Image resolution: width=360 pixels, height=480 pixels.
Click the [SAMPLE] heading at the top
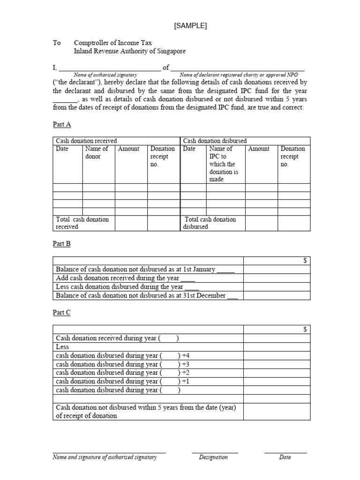(x=190, y=26)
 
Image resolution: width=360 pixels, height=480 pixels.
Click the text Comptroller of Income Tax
(x=112, y=43)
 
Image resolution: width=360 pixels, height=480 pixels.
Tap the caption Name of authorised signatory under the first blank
(x=105, y=75)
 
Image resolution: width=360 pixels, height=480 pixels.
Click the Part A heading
(x=61, y=125)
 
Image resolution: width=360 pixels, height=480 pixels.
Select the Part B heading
(x=61, y=244)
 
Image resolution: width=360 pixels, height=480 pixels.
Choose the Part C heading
(x=61, y=312)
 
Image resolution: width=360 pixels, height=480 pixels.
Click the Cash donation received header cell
(x=87, y=141)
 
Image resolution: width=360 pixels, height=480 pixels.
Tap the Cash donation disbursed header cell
(x=215, y=141)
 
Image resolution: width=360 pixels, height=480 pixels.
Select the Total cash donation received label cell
(x=82, y=223)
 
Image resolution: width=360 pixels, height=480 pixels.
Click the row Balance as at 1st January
(x=145, y=270)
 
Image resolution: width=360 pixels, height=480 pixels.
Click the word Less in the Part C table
(x=62, y=347)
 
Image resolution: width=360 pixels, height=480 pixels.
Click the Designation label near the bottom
(x=213, y=457)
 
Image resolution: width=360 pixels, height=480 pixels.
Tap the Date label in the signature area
(x=285, y=457)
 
